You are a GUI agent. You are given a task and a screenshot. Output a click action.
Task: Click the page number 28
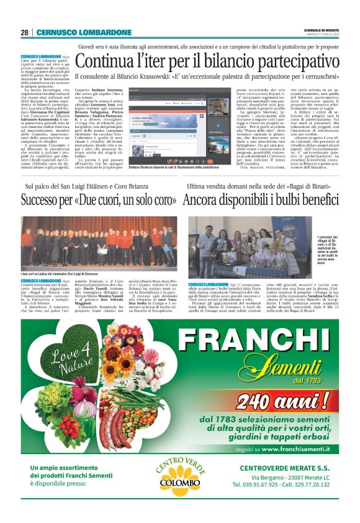pyautogui.click(x=25, y=32)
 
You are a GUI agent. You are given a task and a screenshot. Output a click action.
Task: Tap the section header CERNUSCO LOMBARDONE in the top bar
pyautogui.click(x=84, y=32)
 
